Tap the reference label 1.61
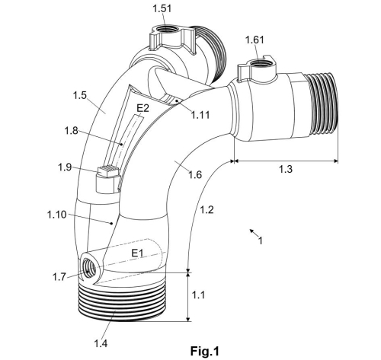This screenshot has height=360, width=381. [x=257, y=39]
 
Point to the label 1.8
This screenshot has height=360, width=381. [x=71, y=132]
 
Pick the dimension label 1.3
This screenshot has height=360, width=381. [x=285, y=168]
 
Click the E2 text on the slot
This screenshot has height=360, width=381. [x=142, y=110]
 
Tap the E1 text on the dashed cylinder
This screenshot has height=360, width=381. [x=139, y=252]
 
